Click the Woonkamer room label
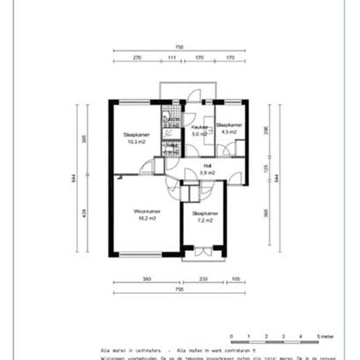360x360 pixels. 147,211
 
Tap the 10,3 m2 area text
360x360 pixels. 137,141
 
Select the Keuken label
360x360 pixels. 200,127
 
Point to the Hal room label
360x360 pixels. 207,166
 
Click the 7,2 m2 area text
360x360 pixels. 205,221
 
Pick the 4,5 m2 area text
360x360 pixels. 228,132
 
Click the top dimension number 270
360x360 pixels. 137,58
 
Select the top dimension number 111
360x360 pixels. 172,58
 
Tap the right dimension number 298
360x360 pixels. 267,130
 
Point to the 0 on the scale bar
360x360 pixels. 232,335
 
